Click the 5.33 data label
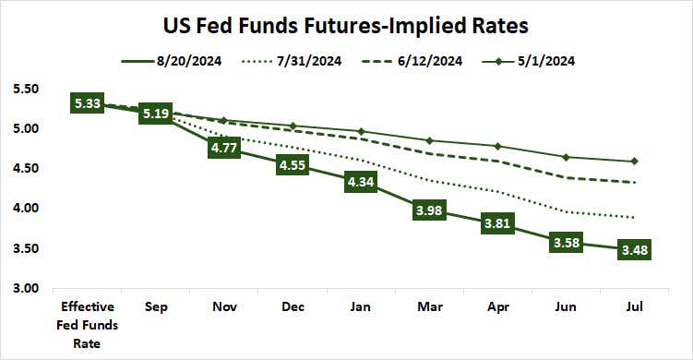(88, 103)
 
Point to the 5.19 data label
(157, 114)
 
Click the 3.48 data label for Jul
(633, 250)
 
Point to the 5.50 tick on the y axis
(26, 90)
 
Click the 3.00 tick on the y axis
(26, 289)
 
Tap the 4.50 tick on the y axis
(26, 169)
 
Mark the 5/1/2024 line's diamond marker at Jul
(633, 162)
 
